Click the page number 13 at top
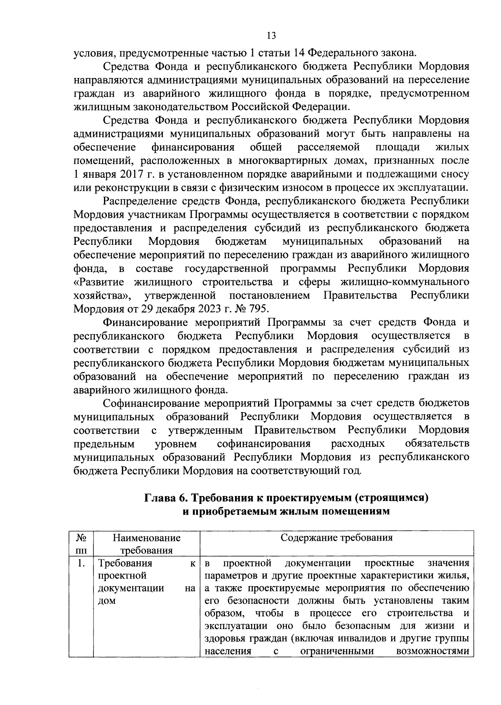[x=271, y=35]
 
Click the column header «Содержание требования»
[x=337, y=537]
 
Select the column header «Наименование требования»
[x=147, y=544]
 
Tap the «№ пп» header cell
[x=81, y=544]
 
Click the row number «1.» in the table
[x=81, y=564]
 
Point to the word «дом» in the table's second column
[x=107, y=601]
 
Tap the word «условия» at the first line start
[x=91, y=53]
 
